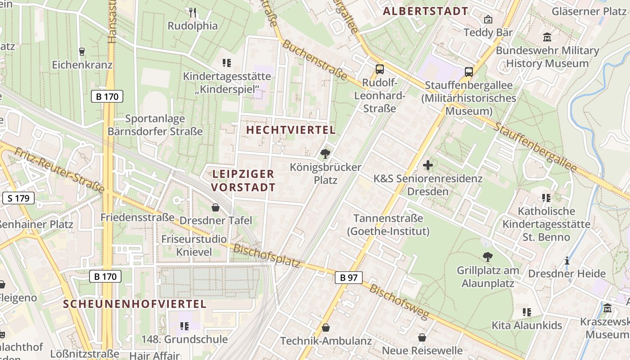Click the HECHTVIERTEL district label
click(x=291, y=130)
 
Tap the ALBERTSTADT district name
click(x=425, y=11)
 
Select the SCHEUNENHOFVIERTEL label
click(x=135, y=304)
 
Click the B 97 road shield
click(x=349, y=278)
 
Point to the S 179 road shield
click(x=18, y=198)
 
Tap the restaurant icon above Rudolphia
click(x=193, y=13)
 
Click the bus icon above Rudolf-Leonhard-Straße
click(x=380, y=69)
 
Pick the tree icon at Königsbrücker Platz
click(x=325, y=154)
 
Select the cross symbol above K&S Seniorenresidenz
click(x=428, y=166)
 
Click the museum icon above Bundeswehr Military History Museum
click(x=547, y=37)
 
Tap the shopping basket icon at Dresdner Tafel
click(x=216, y=207)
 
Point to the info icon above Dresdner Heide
click(x=567, y=261)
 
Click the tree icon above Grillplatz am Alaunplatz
click(x=487, y=257)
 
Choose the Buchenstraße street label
click(x=315, y=60)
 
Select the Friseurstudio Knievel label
click(x=194, y=245)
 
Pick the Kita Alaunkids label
click(x=527, y=325)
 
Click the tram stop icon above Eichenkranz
click(x=81, y=52)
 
